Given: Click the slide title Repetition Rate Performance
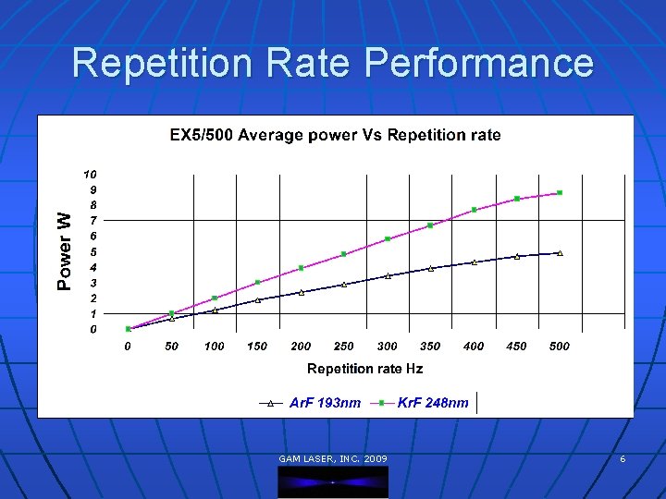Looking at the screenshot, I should coord(333,63).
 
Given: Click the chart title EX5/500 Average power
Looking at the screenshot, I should coord(335,135).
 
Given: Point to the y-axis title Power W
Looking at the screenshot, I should coord(64,250).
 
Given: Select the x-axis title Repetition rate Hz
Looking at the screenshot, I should coord(364,369).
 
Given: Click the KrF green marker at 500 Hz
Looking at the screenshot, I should coord(560,193).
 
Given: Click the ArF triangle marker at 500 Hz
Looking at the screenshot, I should coord(560,252).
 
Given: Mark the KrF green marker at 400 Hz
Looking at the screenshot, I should coord(474,210).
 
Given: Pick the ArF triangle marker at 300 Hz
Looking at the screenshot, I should coord(388,275).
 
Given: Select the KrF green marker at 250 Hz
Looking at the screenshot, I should coord(344,254).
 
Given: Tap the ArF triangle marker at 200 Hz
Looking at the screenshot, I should coord(301,292).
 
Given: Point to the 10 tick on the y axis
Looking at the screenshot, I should coord(90,174).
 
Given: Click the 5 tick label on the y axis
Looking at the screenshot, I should coord(92,251).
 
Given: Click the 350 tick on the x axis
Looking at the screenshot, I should coord(430,347).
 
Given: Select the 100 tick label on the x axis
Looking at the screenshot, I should coord(214,347).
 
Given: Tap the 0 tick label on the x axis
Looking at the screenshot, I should coord(128,347).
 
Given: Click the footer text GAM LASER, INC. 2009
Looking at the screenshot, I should coord(333,459).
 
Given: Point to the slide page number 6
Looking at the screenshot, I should coord(623,459).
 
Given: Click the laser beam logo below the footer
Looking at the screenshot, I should coord(333,481).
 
